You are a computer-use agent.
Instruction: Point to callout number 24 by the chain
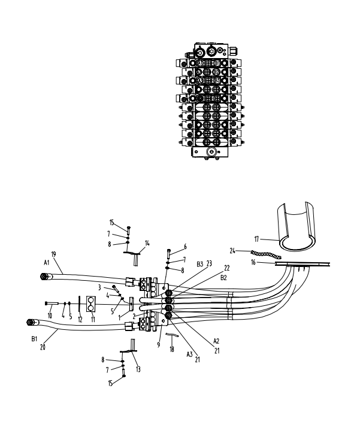(233, 250)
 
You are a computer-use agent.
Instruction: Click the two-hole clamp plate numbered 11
(92, 304)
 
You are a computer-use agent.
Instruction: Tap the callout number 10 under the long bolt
(50, 315)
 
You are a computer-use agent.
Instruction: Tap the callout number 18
(172, 349)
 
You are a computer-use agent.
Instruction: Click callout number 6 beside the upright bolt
(185, 245)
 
